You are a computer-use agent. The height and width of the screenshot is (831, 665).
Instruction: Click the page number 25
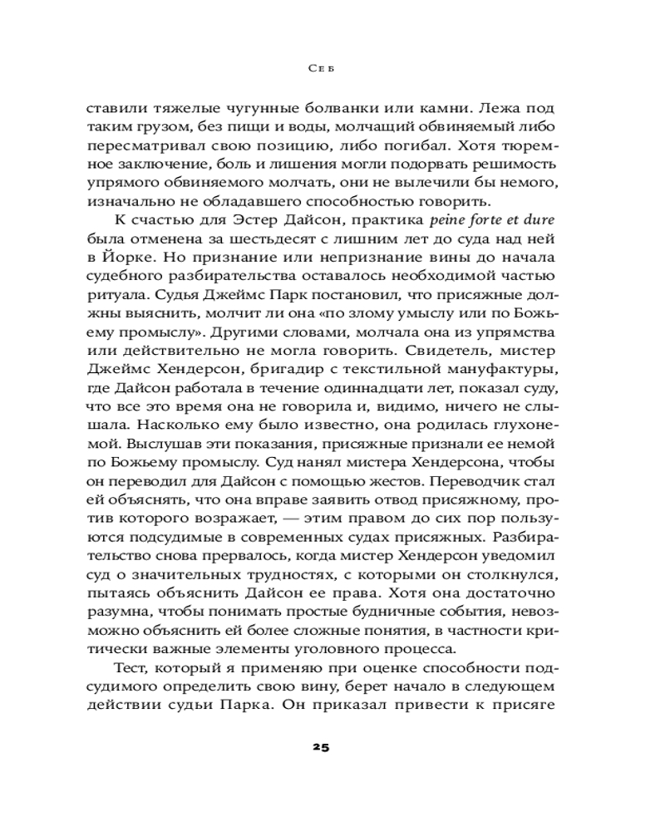(x=321, y=747)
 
